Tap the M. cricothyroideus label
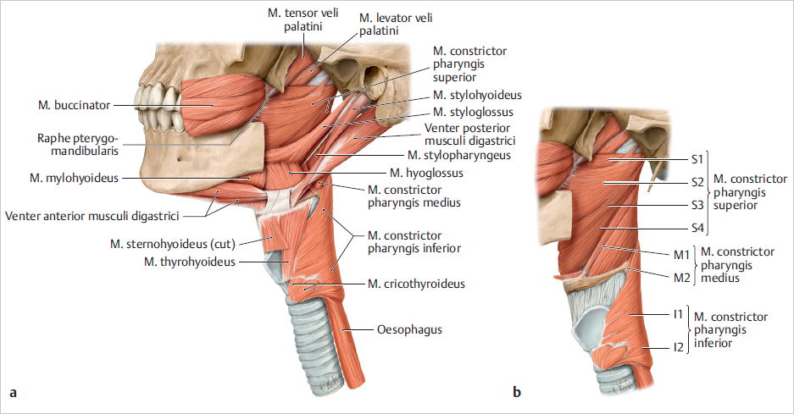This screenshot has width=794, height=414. point(416,284)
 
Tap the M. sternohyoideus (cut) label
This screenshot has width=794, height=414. point(172,244)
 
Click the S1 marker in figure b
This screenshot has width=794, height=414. point(697,158)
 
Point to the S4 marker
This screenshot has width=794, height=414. point(697,229)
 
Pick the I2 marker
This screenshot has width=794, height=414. point(677,347)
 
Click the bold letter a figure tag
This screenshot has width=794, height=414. point(12,392)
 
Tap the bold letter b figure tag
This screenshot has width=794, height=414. point(516,392)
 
